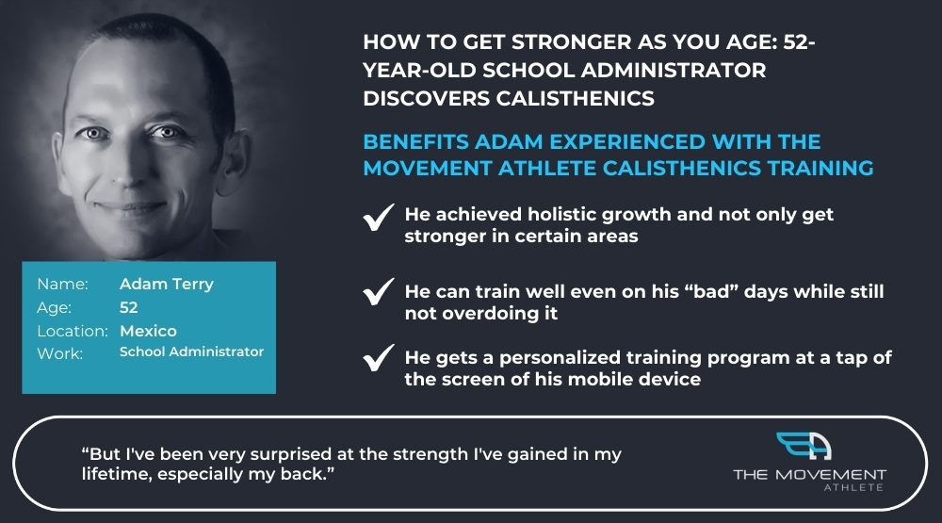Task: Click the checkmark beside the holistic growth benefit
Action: (379, 218)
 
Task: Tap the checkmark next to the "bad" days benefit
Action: (379, 292)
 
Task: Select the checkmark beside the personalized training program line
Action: (379, 358)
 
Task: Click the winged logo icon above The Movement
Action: (804, 446)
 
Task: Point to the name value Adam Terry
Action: (167, 284)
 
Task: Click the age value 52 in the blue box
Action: (128, 307)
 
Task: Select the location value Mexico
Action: (149, 331)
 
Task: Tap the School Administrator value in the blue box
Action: (191, 351)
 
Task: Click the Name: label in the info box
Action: (62, 284)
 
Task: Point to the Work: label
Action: (60, 353)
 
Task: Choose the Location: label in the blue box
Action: (73, 331)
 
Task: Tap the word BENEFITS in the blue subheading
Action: (415, 142)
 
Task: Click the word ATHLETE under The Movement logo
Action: (853, 487)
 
